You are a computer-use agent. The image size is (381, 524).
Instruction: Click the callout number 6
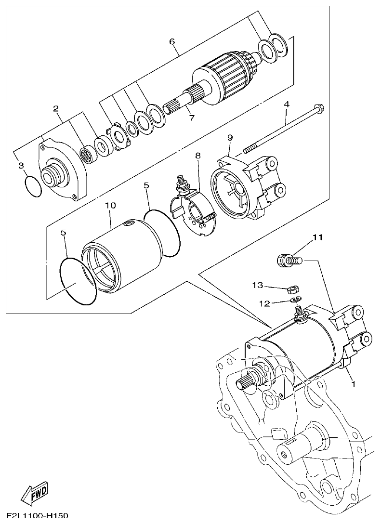172,41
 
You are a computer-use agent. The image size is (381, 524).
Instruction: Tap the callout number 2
56,108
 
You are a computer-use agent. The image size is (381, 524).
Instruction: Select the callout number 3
21,166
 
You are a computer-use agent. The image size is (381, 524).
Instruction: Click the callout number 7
191,118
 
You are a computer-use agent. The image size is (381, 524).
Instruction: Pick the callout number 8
197,156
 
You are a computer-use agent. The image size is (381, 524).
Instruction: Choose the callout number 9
230,138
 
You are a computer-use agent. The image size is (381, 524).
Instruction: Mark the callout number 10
110,205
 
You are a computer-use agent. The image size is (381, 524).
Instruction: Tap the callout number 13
258,286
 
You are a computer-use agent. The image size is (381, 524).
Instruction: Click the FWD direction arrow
34,493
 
